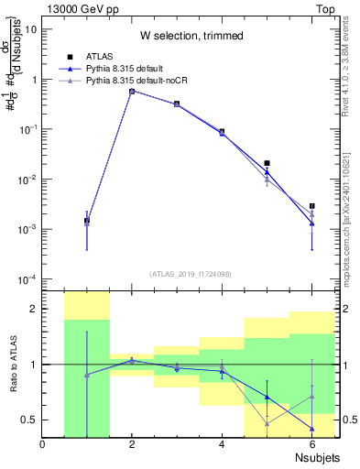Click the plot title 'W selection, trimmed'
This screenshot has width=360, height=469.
click(x=191, y=36)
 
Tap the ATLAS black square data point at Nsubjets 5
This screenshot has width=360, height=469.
click(x=267, y=163)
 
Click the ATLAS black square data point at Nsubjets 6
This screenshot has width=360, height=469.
click(x=311, y=206)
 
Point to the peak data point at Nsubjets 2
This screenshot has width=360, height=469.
click(x=132, y=91)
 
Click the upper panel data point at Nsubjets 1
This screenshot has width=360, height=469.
click(x=87, y=221)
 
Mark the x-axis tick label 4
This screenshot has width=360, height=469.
click(x=222, y=445)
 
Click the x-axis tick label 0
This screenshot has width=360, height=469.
click(x=42, y=445)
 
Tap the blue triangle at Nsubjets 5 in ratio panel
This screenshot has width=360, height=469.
click(x=267, y=397)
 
